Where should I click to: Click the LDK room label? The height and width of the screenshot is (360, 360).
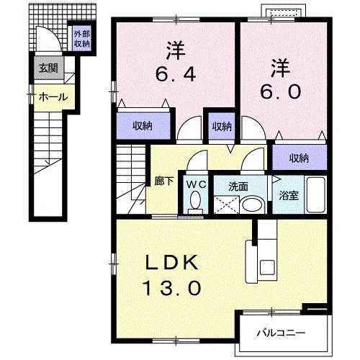174,263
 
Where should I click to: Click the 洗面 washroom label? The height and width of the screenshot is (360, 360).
239,186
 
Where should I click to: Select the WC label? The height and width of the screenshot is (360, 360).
196,184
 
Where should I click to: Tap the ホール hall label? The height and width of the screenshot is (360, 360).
53,96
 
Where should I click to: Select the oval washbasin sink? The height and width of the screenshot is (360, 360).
250,204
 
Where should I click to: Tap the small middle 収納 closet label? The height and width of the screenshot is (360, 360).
222,126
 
